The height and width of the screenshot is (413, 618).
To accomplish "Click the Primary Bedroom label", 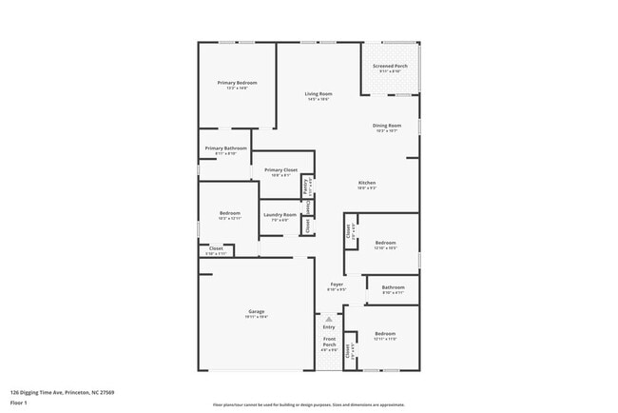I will [x=237, y=83].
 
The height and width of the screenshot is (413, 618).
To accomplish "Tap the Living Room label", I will [x=319, y=93].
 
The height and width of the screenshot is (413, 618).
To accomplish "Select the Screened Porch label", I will [x=390, y=67].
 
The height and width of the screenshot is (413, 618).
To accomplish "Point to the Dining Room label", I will [x=387, y=126].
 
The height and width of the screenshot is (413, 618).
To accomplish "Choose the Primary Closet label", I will [x=280, y=169].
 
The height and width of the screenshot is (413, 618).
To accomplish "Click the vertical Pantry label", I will [x=304, y=187].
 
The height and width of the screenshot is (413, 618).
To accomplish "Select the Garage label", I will [x=257, y=311].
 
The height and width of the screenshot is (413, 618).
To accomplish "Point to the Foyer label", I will [x=337, y=284].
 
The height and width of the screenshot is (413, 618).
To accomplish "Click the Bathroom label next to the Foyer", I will [x=394, y=287].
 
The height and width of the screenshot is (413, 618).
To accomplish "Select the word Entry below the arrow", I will [x=329, y=326].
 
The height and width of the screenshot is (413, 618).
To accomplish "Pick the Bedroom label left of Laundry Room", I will [x=230, y=213].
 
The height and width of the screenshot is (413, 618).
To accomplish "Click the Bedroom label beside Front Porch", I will [x=385, y=333].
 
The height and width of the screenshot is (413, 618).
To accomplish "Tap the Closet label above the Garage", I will [x=216, y=248].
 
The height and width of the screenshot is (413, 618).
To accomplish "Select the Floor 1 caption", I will [x=18, y=403].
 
